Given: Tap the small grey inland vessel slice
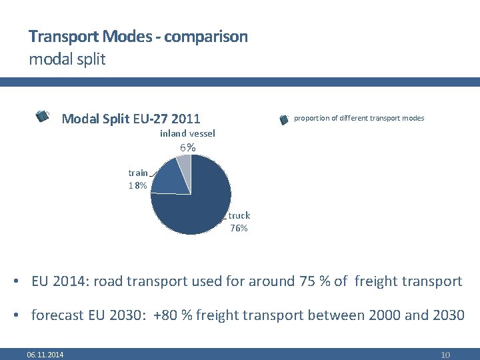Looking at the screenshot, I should click(185, 165).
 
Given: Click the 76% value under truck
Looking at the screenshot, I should click(239, 229).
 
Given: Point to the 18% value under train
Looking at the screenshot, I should click(138, 186).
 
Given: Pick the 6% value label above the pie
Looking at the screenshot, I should click(187, 148).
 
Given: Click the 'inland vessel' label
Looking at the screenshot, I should click(187, 134).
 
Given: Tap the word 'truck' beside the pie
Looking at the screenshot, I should click(239, 215).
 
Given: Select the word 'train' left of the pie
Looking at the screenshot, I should click(138, 173).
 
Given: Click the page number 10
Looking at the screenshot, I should click(445, 355).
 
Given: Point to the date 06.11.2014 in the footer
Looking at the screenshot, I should click(45, 355).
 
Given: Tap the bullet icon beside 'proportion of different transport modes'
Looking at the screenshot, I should click(283, 119).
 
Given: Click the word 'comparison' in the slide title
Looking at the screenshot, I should click(205, 37).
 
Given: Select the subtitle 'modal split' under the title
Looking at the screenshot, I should click(67, 59).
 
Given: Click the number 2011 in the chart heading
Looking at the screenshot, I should click(185, 119).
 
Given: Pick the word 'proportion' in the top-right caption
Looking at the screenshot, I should click(311, 119).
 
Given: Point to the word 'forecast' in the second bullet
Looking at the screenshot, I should click(58, 315).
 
